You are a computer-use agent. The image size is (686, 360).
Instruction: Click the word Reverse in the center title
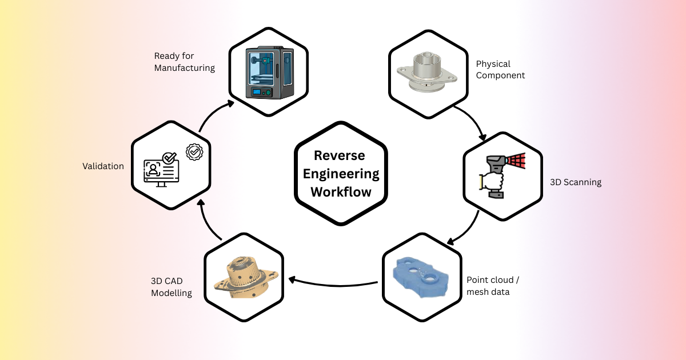pos(341,155)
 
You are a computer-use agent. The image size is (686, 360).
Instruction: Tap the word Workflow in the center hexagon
pos(341,191)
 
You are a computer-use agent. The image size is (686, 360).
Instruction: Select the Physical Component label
pos(500,70)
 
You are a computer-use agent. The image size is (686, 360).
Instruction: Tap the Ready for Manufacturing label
pos(184,62)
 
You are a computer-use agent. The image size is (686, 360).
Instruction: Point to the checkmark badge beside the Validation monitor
pos(194,151)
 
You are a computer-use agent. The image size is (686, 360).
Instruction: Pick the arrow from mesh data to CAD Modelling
pos(332,280)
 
